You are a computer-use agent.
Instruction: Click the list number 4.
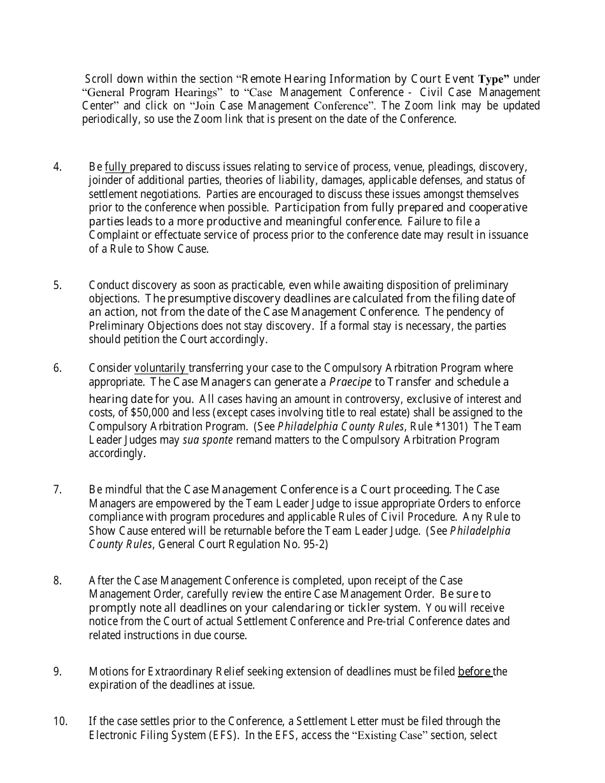click(57, 167)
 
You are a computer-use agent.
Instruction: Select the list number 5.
click(57, 285)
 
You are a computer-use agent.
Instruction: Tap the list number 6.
click(57, 368)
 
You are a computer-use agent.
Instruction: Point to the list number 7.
click(57, 490)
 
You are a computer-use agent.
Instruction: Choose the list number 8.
click(57, 581)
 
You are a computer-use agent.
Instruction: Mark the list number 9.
click(57, 672)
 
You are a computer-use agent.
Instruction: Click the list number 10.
click(60, 721)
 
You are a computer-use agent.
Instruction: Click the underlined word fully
click(117, 167)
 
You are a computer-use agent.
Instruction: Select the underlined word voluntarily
click(160, 368)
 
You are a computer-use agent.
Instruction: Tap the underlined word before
click(474, 672)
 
